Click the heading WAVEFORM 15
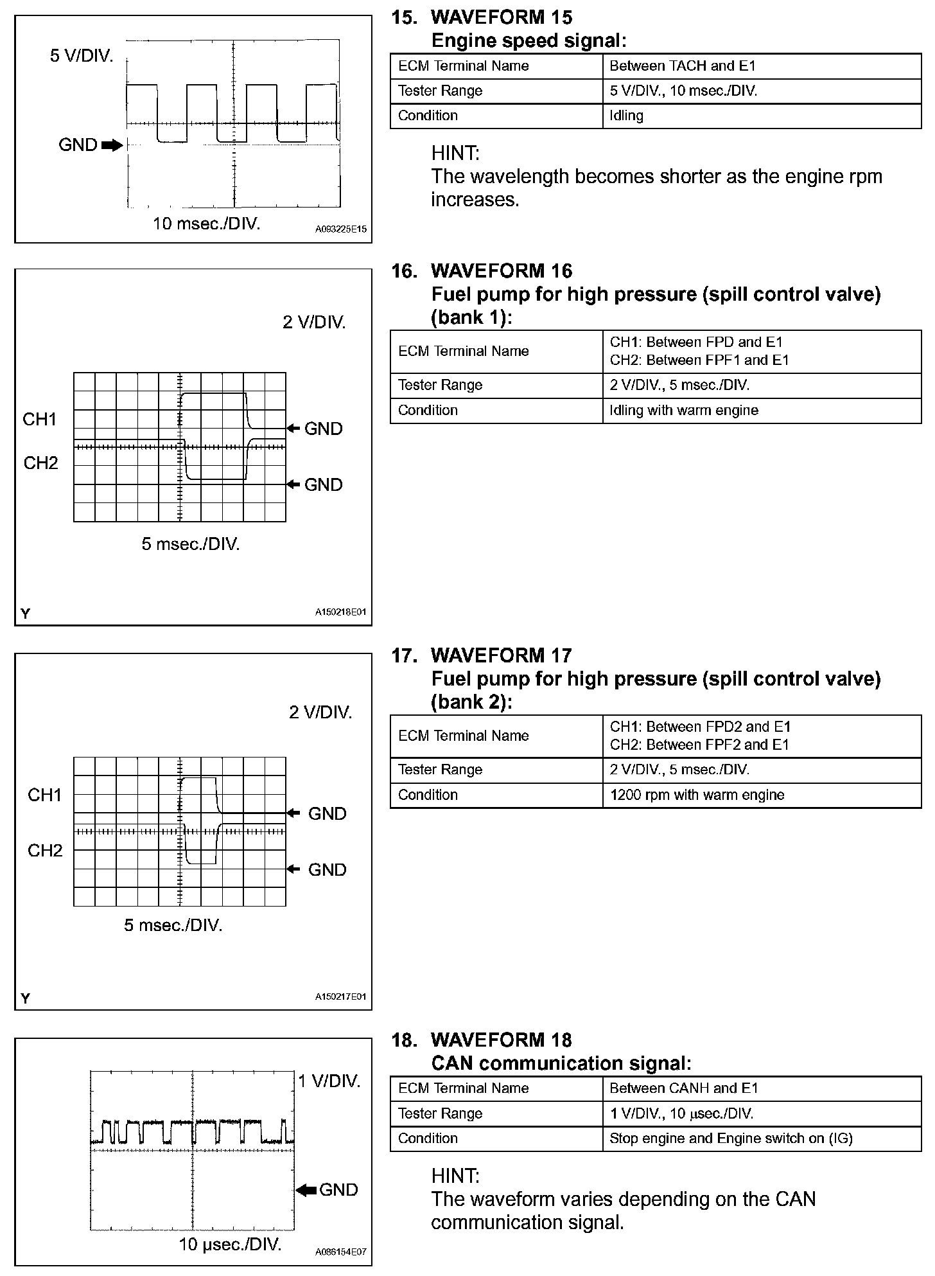pos(501,17)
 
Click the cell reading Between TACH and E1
pos(682,66)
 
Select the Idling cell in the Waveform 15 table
pos(626,116)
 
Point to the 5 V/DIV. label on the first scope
pos(82,56)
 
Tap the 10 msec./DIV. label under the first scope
pos(206,224)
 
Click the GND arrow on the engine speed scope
pos(112,145)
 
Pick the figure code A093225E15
pos(340,229)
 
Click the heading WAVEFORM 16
pos(501,271)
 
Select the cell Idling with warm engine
pos(683,411)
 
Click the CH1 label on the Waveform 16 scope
pos(40,420)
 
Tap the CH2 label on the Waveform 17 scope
pos(45,851)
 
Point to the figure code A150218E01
pos(340,612)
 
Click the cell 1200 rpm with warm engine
pos(697,795)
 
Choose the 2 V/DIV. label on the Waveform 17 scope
pos(320,713)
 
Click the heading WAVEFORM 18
pos(501,1040)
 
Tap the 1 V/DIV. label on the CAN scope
pos(329,1081)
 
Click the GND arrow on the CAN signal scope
pos(307,1190)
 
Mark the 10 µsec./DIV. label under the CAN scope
pos(230,1245)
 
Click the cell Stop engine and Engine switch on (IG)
pos(730,1139)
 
